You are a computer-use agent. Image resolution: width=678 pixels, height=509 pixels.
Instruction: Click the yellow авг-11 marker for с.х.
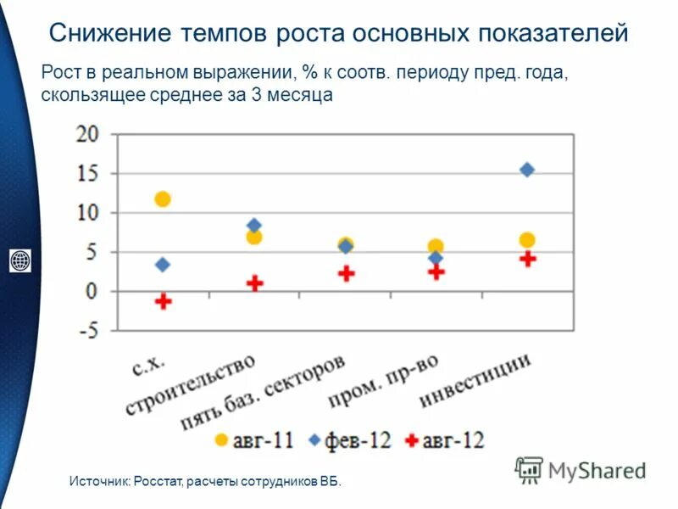163,199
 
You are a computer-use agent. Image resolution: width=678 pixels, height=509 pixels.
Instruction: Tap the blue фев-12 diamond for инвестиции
527,170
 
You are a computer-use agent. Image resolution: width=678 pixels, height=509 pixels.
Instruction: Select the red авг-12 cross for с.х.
164,300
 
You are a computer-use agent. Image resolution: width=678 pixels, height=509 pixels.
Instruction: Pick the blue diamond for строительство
254,226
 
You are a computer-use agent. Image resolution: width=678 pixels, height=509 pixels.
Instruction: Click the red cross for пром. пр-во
436,272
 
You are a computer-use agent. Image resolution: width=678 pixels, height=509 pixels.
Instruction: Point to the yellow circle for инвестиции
527,240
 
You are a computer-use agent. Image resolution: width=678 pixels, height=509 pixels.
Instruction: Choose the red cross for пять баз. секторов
346,273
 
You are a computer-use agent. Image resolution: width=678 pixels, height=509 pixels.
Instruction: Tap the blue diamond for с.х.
163,265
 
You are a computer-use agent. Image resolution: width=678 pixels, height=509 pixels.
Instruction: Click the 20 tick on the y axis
87,133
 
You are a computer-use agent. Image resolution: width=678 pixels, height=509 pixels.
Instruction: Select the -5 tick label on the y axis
87,331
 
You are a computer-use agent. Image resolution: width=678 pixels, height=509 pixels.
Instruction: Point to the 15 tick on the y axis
87,173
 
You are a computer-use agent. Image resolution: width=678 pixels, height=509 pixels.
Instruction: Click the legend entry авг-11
255,439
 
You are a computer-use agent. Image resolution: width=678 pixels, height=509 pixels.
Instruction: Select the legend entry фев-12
352,439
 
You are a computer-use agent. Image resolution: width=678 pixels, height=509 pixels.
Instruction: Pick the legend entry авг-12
446,439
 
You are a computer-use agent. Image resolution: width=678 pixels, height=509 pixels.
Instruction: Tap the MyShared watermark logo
581,469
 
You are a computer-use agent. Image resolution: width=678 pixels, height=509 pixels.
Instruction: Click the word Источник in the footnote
99,482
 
